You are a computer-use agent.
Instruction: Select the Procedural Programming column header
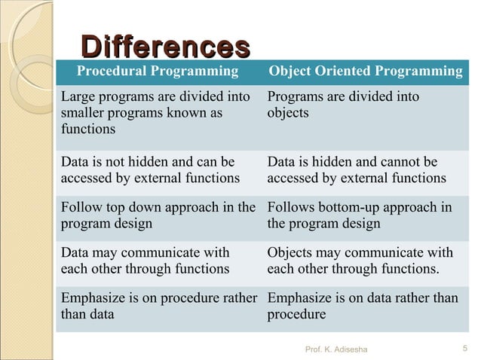point(158,72)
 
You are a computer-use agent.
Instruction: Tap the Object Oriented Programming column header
point(366,72)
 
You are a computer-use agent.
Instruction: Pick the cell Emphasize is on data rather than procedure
point(362,306)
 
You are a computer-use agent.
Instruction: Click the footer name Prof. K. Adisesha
point(336,348)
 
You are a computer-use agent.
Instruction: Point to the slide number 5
point(463,347)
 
